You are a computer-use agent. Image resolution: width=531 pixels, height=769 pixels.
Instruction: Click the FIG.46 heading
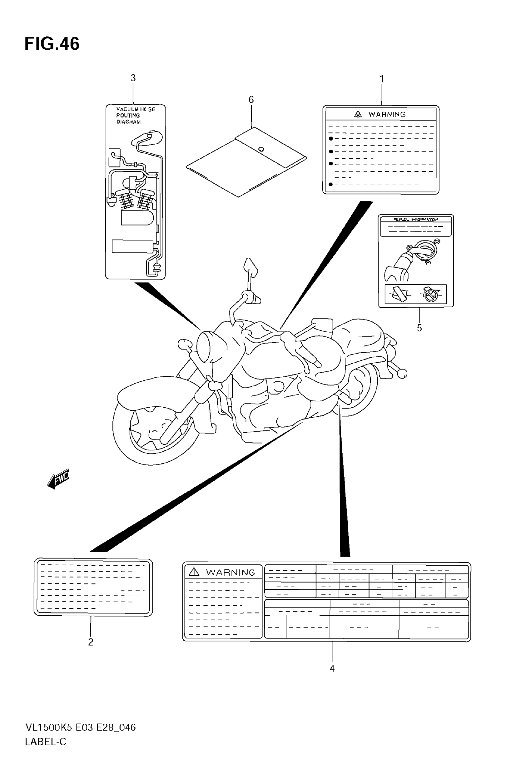coord(52,44)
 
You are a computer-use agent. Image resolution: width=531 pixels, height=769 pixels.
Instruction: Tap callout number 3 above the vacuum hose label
coord(133,78)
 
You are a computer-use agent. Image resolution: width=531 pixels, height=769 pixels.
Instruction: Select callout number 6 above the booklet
coord(251,99)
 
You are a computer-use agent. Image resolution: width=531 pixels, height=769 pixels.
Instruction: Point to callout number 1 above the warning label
coord(382,79)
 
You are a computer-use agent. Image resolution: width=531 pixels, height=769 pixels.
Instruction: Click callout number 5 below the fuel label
coord(419,328)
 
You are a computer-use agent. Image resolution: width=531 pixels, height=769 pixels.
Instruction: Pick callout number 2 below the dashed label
coord(91,642)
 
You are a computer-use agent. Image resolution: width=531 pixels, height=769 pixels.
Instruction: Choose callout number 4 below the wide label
coord(332,668)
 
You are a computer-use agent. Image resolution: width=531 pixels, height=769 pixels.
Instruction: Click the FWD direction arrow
coord(58,479)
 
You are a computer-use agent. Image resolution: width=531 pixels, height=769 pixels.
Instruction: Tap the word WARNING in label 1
coord(387,114)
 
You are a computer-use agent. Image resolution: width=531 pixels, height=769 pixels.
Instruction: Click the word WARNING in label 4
coord(230,573)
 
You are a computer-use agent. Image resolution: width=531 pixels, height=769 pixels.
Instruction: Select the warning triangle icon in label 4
coord(194,572)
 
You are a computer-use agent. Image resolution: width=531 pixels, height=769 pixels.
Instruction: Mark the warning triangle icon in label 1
coord(358,114)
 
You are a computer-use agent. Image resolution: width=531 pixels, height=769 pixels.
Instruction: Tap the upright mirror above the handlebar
coord(251,266)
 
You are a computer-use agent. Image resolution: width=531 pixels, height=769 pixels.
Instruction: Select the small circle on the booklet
coord(261,149)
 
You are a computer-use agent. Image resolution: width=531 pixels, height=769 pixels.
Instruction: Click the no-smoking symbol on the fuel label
coord(431,294)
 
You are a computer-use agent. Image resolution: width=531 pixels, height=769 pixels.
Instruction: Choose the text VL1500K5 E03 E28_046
coord(81,728)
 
